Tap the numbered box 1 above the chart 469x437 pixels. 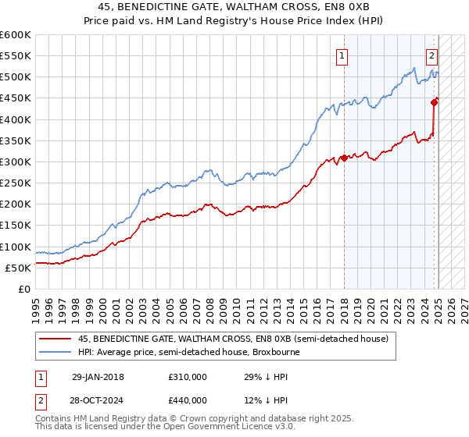(x=342, y=55)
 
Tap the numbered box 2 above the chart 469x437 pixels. (x=431, y=55)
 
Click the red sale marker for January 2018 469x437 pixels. (x=344, y=158)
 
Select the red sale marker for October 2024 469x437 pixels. (x=434, y=101)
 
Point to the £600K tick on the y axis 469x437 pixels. (x=16, y=35)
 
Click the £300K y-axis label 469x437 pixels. (x=16, y=162)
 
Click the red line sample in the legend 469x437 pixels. (x=55, y=339)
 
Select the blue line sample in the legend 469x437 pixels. (x=55, y=352)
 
